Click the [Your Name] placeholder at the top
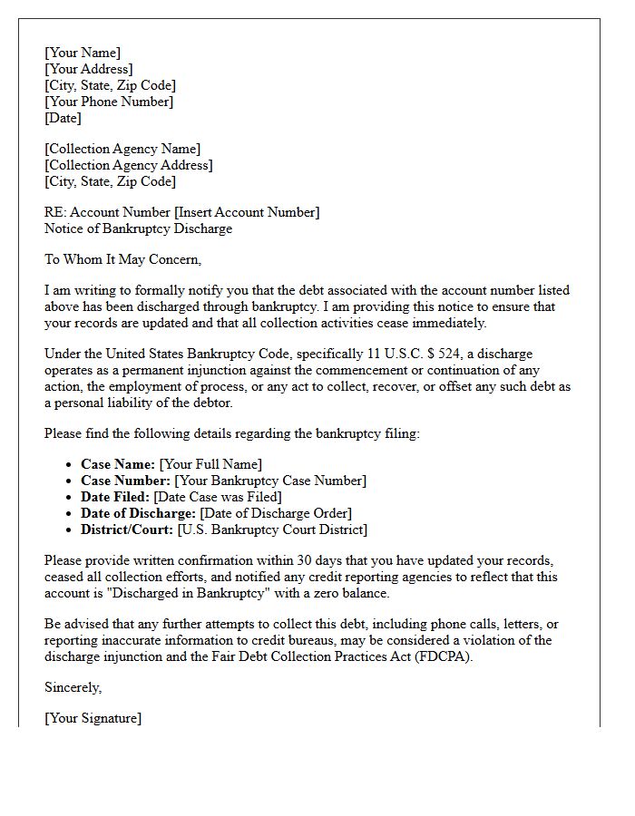click(83, 53)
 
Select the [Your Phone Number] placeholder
click(109, 102)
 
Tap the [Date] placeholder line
click(63, 118)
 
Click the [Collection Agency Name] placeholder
click(122, 149)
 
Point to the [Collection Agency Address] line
click(129, 165)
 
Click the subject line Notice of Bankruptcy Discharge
click(138, 228)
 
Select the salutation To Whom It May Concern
click(122, 259)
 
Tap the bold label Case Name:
click(118, 464)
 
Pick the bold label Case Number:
click(125, 481)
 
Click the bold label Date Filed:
click(115, 497)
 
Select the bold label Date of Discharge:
click(138, 513)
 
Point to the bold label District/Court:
click(127, 529)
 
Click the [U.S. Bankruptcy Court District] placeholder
click(272, 529)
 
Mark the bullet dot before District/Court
click(70, 529)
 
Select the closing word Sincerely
click(73, 687)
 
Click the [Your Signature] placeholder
click(93, 718)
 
